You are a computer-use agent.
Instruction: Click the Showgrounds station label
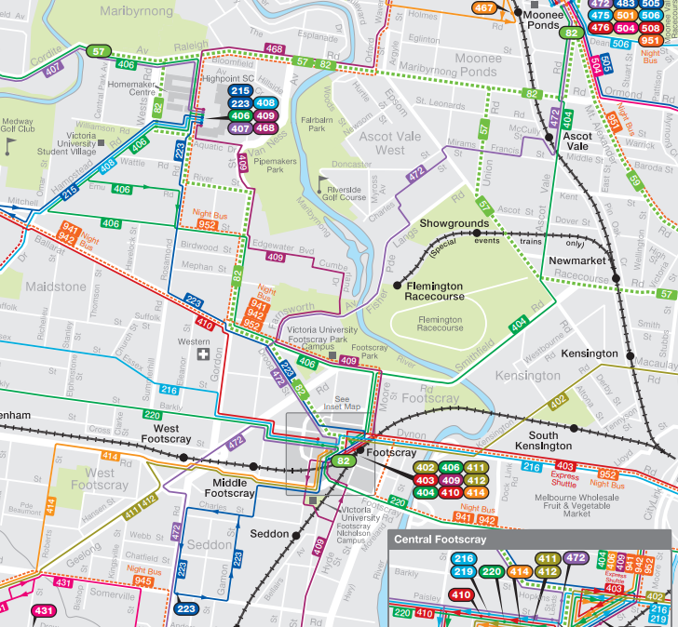click(x=454, y=224)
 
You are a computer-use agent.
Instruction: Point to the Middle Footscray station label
click(x=229, y=487)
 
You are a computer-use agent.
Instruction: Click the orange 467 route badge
click(x=484, y=8)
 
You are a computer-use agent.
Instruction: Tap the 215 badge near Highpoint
click(x=239, y=90)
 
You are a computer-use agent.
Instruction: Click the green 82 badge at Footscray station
click(x=345, y=461)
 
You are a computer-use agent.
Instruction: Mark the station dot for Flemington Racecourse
click(x=398, y=286)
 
